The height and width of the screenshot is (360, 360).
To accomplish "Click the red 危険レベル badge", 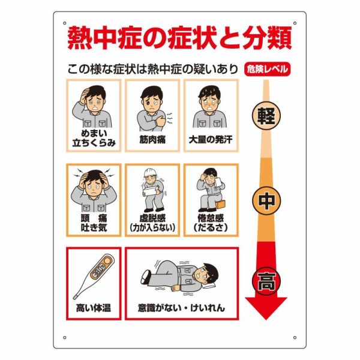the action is pos(268,69).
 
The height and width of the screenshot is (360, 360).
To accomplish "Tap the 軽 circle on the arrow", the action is pos(266,115).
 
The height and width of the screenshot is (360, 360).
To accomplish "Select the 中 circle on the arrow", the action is pos(266,200).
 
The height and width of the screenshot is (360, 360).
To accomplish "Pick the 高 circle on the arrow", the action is pos(266,281).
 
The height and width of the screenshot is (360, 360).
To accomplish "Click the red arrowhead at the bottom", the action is pos(266,307).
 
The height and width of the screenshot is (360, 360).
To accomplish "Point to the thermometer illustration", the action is pos(94,276).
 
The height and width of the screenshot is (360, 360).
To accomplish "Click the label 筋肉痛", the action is pos(152,140).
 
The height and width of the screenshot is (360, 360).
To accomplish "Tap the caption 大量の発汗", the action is pos(211,140).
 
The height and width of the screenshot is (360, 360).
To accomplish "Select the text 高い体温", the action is pos(94,308).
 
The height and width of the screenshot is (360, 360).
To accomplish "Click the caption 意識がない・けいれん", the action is pos(181,308).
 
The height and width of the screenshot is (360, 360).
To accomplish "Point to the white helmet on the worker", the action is pos(149,173).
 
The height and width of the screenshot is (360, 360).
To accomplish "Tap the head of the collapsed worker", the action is pos(207,275).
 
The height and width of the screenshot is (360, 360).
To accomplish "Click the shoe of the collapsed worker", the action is pos(145,277).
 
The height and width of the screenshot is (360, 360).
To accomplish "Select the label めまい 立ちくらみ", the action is pos(94,138).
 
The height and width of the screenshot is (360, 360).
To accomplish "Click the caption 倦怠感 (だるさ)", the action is pos(211,223).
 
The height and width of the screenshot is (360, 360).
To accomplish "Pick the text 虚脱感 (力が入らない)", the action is pos(152,223).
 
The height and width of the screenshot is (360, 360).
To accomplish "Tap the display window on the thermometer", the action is pos(99,269).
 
